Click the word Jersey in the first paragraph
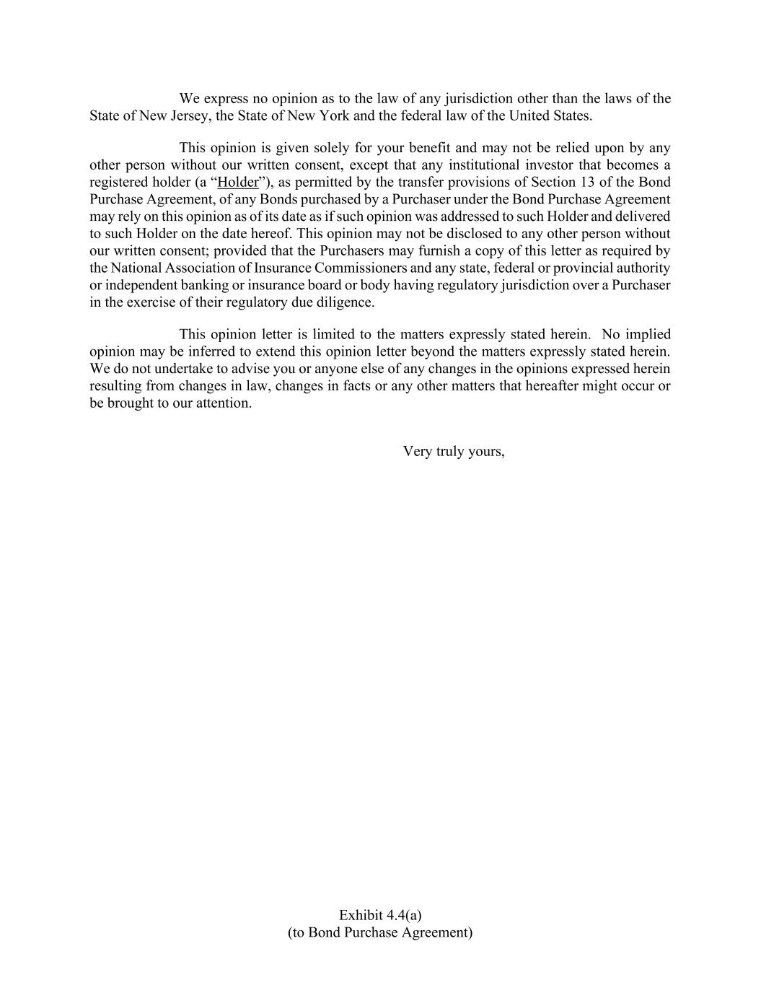pyautogui.click(x=188, y=116)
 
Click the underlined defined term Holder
pyautogui.click(x=237, y=183)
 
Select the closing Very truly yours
pyautogui.click(x=453, y=452)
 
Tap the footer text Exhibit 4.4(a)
pyautogui.click(x=380, y=916)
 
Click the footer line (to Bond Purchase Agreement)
pyautogui.click(x=380, y=933)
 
